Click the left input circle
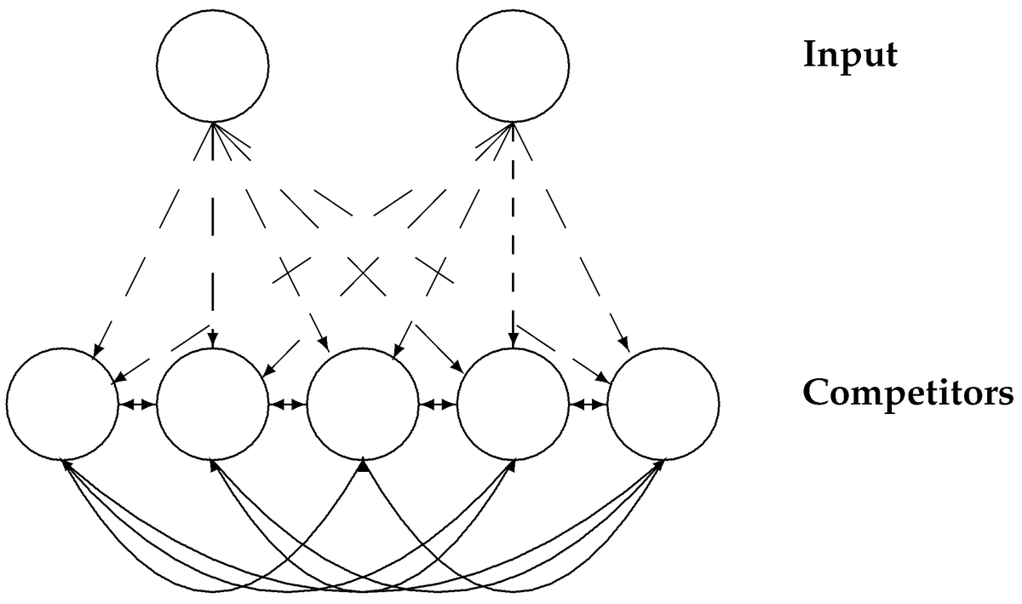(x=213, y=66)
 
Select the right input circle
(x=513, y=66)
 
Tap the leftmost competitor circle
(x=62, y=403)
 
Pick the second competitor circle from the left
(x=212, y=403)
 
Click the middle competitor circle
(x=362, y=403)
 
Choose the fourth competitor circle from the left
(x=513, y=403)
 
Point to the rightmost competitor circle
(x=663, y=403)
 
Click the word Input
(x=850, y=56)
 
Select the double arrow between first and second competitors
(x=137, y=405)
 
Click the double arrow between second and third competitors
(x=287, y=405)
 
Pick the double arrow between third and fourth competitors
(x=438, y=405)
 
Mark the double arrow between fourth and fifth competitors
(x=588, y=405)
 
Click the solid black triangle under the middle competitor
(x=363, y=466)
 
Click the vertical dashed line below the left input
(x=213, y=256)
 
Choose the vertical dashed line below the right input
(x=513, y=256)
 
